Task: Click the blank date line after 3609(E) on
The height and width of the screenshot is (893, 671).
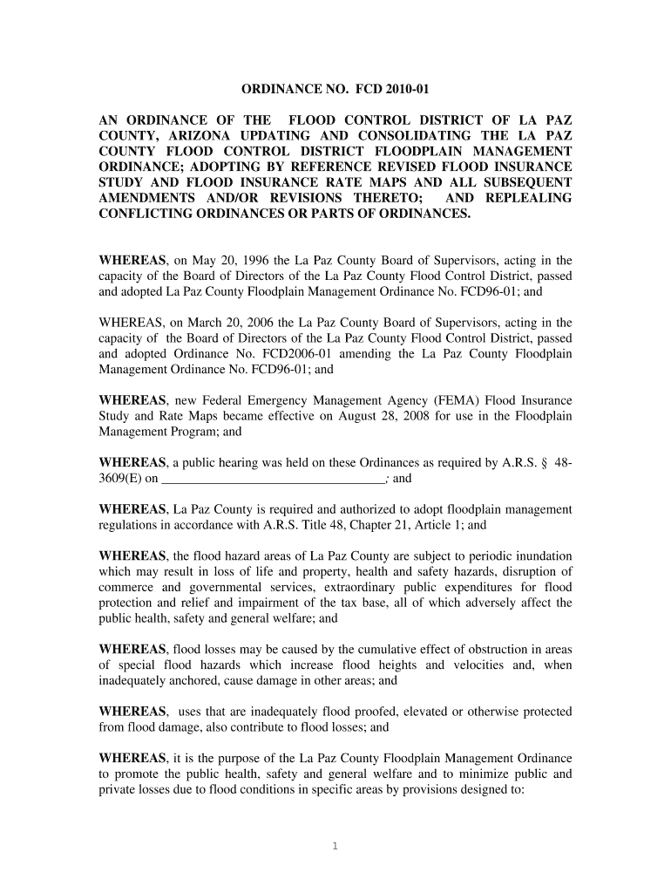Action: coord(274,479)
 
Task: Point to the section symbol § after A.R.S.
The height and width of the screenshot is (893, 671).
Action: coord(544,463)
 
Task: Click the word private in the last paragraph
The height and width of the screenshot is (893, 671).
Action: coord(118,789)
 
